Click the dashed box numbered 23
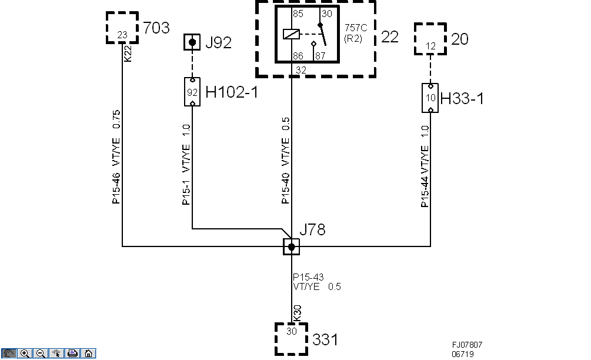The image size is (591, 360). point(122,28)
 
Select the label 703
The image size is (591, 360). point(156,28)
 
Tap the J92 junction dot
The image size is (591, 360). point(192,42)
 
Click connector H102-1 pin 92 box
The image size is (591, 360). point(192,92)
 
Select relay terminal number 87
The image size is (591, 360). point(320,56)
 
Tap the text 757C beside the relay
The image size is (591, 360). point(355,28)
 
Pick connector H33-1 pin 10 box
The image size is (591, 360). point(430,98)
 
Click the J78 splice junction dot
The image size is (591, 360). point(291,247)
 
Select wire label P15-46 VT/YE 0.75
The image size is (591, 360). point(116,156)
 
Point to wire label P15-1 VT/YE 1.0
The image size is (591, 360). point(186,164)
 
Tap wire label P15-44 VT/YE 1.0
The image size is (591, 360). point(425,166)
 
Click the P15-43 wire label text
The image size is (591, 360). point(308,278)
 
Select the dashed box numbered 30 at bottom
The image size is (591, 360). point(292,338)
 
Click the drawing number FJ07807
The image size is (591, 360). point(467,345)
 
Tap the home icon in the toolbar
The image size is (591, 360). point(87,354)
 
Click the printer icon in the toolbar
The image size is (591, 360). point(72,354)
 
